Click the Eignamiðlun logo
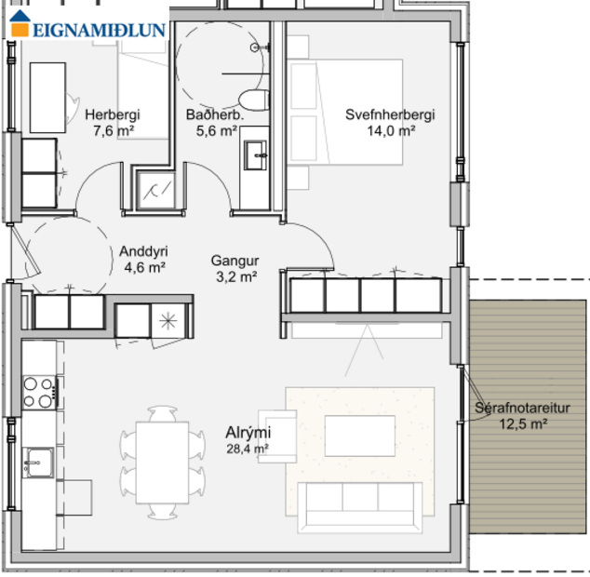[88, 28]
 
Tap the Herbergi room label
[112, 115]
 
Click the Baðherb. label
[214, 115]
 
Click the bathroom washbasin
[254, 154]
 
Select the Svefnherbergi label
[390, 115]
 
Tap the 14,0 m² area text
[391, 131]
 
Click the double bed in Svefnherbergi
[344, 112]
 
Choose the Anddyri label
[143, 251]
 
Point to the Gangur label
[235, 261]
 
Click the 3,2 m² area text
[235, 276]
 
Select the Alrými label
[248, 433]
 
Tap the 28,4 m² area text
[248, 449]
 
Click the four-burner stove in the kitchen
[38, 392]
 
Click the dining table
[163, 463]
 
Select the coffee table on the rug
[360, 436]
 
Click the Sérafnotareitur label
[522, 408]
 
